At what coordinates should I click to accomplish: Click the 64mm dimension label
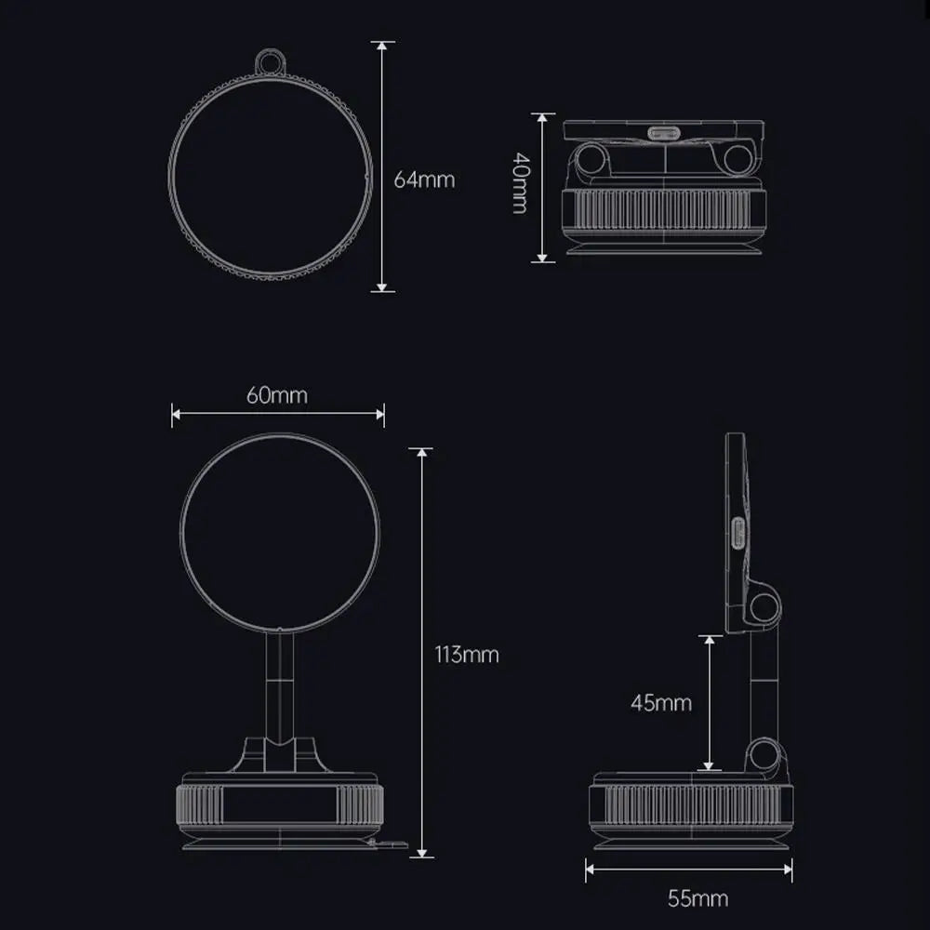pos(424,179)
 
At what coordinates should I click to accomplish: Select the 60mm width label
pos(276,394)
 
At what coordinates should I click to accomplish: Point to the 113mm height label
pos(467,654)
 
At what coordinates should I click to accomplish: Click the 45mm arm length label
pos(661,702)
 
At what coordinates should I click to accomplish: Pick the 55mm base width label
pos(697,898)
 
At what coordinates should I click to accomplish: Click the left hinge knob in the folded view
pos(590,158)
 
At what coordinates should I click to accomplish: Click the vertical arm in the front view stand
pos(278,684)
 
